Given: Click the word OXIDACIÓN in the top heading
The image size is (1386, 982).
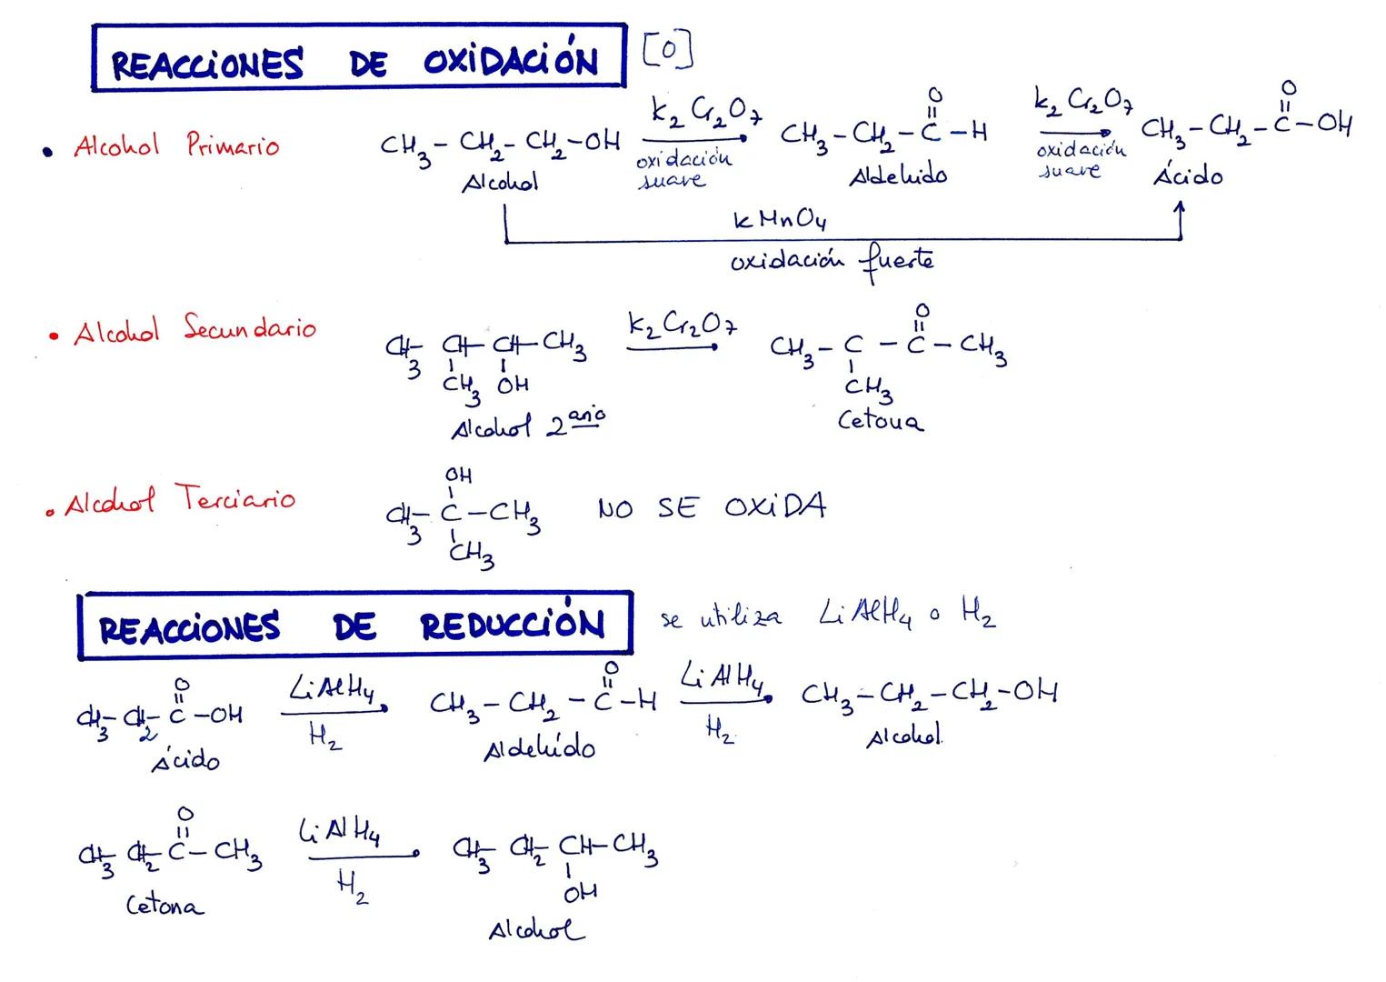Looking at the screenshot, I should click(x=511, y=60).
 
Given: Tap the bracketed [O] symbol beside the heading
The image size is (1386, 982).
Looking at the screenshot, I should click(x=667, y=51).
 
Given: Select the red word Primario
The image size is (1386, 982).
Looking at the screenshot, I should click(x=233, y=145).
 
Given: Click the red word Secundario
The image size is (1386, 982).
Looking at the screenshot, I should click(x=250, y=328).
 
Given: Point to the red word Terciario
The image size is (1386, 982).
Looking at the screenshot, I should click(x=235, y=498).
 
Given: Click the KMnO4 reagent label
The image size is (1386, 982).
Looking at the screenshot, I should click(x=779, y=220).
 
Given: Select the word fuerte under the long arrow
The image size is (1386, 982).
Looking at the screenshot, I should click(x=894, y=262).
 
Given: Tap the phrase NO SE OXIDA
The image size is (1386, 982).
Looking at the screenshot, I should click(x=712, y=507).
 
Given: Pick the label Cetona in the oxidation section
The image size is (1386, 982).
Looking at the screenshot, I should click(x=880, y=421).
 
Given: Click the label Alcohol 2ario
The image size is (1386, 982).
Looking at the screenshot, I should click(x=527, y=424).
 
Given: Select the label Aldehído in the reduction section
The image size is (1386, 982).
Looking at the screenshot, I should click(x=540, y=748).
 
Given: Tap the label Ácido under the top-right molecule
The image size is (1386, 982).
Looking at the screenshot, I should click(x=1188, y=175).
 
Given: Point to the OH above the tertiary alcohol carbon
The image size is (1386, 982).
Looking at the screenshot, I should click(x=458, y=476).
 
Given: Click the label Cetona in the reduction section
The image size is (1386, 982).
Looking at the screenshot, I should click(x=165, y=906).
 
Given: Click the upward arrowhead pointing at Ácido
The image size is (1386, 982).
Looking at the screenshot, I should click(x=1180, y=209).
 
